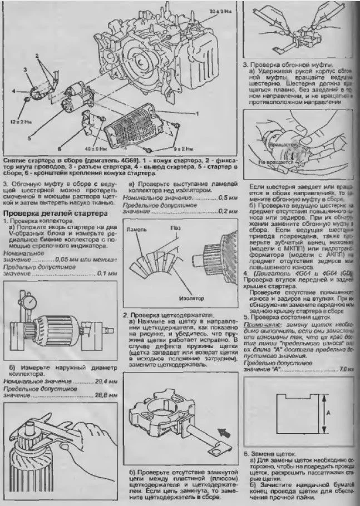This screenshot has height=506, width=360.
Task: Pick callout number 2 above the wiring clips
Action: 37,56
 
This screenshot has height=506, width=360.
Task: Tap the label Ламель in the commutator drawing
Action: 137,229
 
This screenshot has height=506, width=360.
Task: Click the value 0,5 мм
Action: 224,198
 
